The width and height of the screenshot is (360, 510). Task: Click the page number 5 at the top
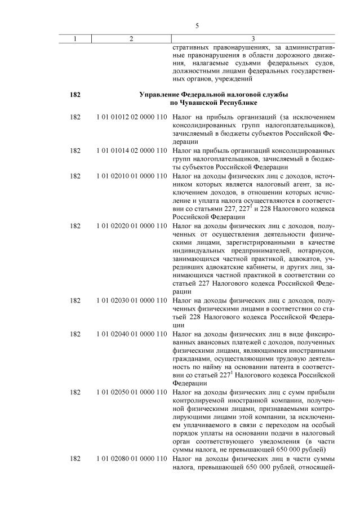[x=197, y=26]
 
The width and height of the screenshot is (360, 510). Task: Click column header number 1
[x=75, y=38]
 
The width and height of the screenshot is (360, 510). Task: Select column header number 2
[x=131, y=38]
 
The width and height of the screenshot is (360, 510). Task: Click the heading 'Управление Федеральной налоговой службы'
[x=214, y=95]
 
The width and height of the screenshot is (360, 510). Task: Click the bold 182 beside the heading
[x=75, y=95]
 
